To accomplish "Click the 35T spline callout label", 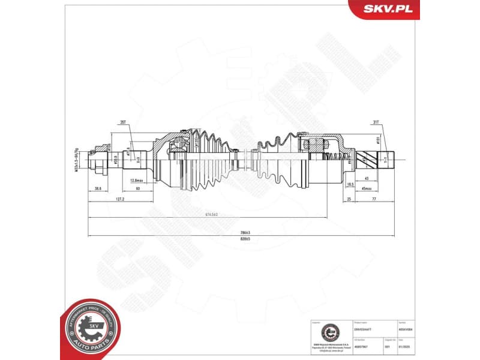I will click(123, 122).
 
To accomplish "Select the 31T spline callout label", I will click(376, 122).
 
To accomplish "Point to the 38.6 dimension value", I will click(97, 188).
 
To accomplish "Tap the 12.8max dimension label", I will click(136, 179).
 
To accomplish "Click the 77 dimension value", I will click(373, 199).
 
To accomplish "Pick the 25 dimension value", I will click(349, 199).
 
